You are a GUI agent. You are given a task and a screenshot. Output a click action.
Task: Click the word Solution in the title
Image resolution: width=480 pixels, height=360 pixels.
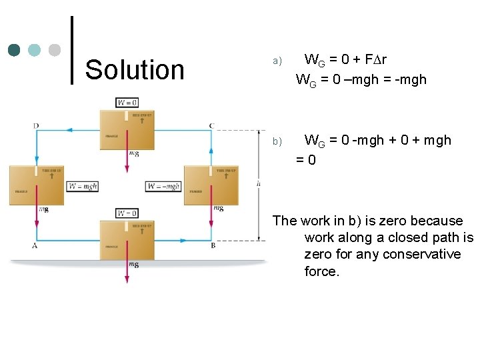135,69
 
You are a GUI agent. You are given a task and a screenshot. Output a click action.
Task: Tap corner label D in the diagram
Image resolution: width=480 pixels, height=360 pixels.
35,125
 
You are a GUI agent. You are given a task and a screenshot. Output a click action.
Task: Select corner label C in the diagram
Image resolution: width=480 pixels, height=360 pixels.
211,125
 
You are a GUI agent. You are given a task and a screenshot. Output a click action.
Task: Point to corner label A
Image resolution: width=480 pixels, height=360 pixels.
35,246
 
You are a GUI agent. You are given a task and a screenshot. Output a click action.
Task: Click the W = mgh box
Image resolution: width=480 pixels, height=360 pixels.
82,186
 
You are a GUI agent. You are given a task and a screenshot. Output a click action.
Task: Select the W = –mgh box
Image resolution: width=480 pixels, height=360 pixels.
163,186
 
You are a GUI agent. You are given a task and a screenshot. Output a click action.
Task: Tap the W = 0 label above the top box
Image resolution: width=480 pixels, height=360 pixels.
127,103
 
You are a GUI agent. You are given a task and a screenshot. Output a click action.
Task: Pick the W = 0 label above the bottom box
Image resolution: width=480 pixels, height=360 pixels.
127,213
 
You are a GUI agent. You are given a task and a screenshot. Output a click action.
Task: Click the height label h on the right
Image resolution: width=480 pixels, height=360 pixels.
258,183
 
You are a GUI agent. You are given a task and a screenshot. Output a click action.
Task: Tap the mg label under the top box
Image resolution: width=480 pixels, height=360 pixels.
134,153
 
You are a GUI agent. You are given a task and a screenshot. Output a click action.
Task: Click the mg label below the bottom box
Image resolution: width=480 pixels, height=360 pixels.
134,264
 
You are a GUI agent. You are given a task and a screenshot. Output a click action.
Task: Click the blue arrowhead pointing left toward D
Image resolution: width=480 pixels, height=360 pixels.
69,131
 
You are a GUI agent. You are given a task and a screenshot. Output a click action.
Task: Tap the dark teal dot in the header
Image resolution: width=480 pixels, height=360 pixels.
15,50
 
